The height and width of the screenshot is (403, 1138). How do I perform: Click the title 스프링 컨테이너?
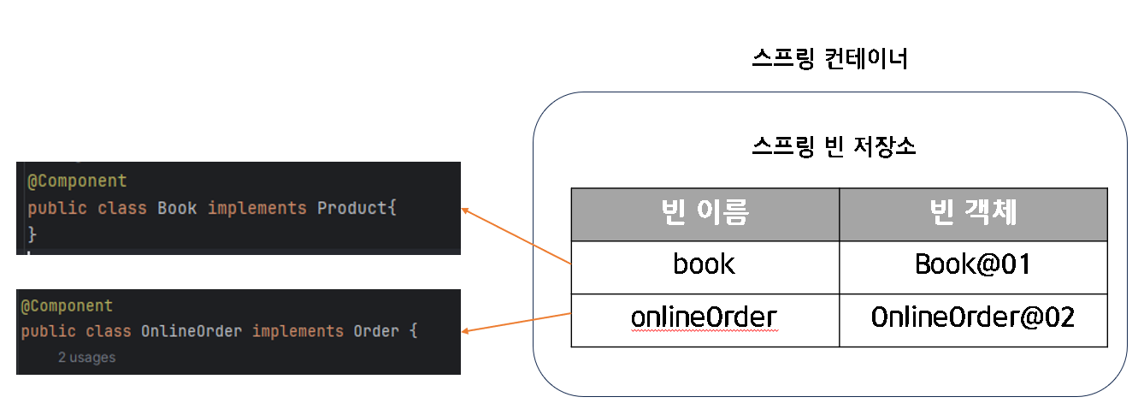pos(828,59)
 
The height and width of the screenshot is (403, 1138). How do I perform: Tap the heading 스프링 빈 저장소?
pos(834,146)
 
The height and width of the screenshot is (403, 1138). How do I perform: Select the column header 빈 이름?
pos(705,214)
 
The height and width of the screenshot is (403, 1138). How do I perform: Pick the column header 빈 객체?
pos(973,214)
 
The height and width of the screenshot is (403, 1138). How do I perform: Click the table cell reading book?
pos(705,264)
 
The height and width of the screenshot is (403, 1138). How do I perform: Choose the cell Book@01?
pos(973,264)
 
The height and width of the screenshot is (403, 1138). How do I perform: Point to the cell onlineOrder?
pos(705,317)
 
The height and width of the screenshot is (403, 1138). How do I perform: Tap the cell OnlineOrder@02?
pos(973,317)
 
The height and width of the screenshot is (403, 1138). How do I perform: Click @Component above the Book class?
pos(77,181)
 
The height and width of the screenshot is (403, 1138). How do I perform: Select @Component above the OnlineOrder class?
pos(67,305)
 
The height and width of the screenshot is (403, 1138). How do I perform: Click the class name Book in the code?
pos(177,208)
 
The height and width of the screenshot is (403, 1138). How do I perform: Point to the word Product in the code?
pos(352,208)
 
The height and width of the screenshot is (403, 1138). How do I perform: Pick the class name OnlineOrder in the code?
pos(192,331)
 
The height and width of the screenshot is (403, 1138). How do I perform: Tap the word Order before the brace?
pos(376,331)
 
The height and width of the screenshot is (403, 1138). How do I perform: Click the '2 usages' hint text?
pos(86,358)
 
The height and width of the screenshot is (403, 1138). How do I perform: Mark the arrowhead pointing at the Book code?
pos(466,208)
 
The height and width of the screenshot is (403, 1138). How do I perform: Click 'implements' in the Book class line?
pos(256,208)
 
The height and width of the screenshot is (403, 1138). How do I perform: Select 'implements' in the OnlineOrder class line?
pos(298,331)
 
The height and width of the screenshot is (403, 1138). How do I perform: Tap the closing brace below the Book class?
pos(32,234)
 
